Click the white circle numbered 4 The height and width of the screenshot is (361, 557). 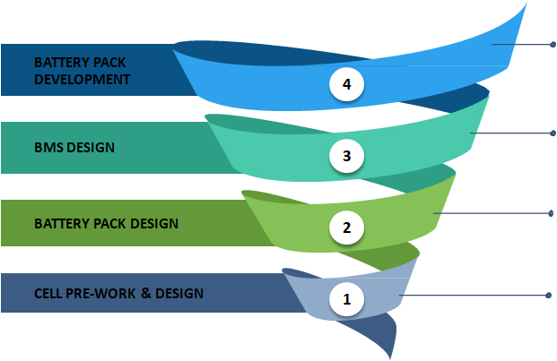pyautogui.click(x=347, y=84)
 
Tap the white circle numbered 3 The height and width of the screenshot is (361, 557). pyautogui.click(x=347, y=156)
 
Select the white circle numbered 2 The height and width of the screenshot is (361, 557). pyautogui.click(x=347, y=228)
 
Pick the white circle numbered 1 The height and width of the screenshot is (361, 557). pyautogui.click(x=347, y=299)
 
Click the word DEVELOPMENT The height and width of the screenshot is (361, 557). pyautogui.click(x=82, y=79)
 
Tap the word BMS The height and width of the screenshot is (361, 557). pyautogui.click(x=48, y=148)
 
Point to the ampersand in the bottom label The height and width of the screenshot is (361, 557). pyautogui.click(x=146, y=293)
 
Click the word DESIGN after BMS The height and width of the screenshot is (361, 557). pyautogui.click(x=91, y=148)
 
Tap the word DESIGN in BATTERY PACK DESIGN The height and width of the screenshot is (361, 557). pyautogui.click(x=154, y=224)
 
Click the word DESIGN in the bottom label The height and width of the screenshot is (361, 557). pyautogui.click(x=179, y=294)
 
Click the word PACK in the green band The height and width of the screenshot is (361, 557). pyautogui.click(x=110, y=224)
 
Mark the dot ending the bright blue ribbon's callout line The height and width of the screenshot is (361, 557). pyautogui.click(x=553, y=44)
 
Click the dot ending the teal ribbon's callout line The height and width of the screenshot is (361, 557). pyautogui.click(x=553, y=133)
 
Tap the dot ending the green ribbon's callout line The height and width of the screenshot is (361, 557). pyautogui.click(x=551, y=213)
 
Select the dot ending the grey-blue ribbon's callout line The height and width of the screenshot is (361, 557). pyautogui.click(x=548, y=295)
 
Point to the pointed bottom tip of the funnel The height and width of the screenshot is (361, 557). pyautogui.click(x=390, y=359)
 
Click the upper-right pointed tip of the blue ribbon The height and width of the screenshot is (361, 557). pyautogui.click(x=527, y=3)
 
